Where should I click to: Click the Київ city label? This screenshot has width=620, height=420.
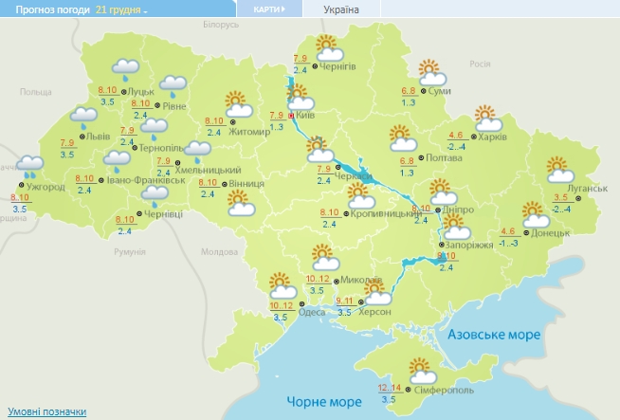click(306, 114)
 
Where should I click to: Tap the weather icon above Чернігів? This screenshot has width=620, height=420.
click(328, 46)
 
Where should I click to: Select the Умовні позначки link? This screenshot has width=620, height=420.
click(44, 411)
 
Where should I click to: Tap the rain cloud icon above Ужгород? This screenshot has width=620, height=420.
click(29, 166)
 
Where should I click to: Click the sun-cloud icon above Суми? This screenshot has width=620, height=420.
click(431, 70)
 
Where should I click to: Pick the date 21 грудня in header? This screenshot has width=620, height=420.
click(119, 9)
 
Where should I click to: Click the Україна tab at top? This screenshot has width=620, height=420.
click(341, 9)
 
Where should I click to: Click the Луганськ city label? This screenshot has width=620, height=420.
click(587, 188)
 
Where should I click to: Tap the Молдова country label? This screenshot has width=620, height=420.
click(219, 251)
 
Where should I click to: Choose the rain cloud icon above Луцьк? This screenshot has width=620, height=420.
click(125, 68)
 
